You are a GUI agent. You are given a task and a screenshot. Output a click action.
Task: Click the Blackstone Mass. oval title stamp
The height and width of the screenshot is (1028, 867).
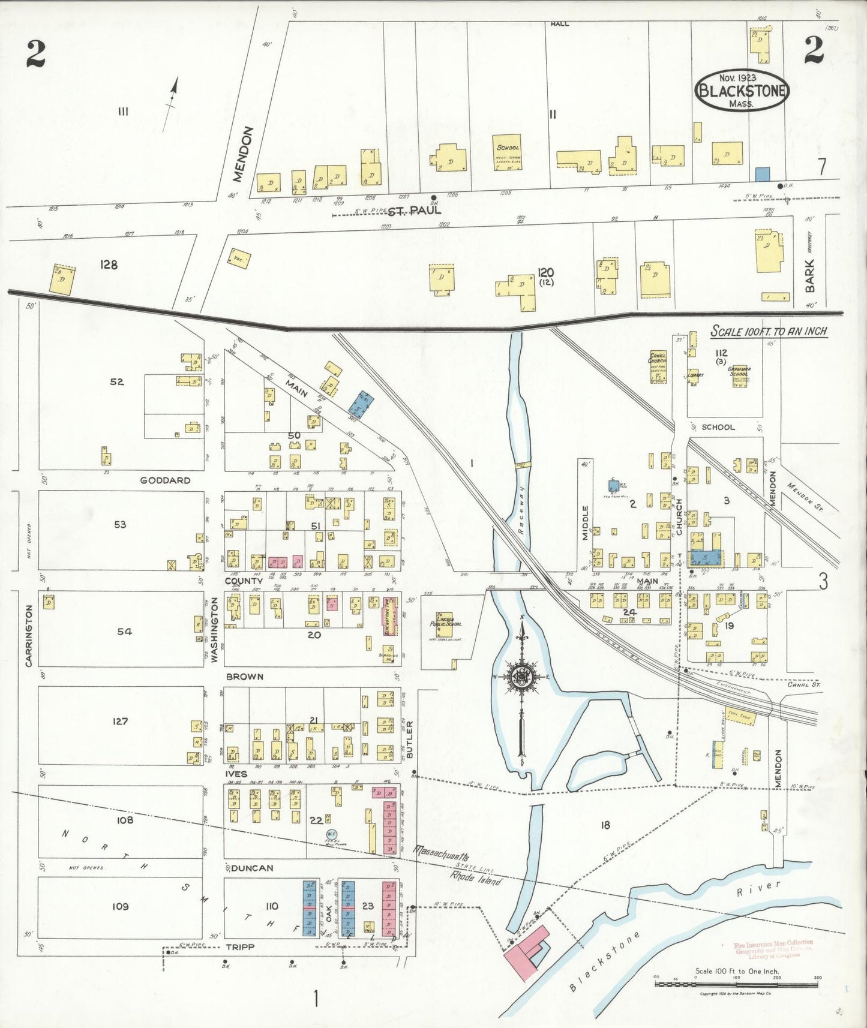click(x=742, y=91)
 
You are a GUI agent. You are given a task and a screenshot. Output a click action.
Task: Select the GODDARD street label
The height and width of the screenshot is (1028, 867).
click(x=165, y=480)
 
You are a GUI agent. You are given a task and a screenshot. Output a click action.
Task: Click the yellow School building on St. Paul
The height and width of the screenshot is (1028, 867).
click(x=508, y=152)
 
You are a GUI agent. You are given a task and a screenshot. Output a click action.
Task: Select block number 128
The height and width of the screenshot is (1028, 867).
click(x=109, y=264)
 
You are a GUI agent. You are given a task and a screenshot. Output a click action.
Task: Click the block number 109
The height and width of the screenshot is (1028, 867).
click(x=121, y=906)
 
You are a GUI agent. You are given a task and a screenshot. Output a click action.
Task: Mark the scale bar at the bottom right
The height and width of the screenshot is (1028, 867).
click(x=737, y=984)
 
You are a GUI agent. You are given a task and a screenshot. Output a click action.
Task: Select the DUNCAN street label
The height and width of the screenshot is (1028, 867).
click(x=252, y=868)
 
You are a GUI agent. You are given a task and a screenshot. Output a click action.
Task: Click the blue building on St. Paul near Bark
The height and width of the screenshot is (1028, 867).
click(x=762, y=174)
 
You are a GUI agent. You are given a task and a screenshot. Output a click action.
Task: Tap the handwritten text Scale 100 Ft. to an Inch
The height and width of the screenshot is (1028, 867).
click(x=769, y=331)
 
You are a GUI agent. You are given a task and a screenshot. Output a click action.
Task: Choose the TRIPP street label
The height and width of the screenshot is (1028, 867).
click(x=239, y=946)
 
